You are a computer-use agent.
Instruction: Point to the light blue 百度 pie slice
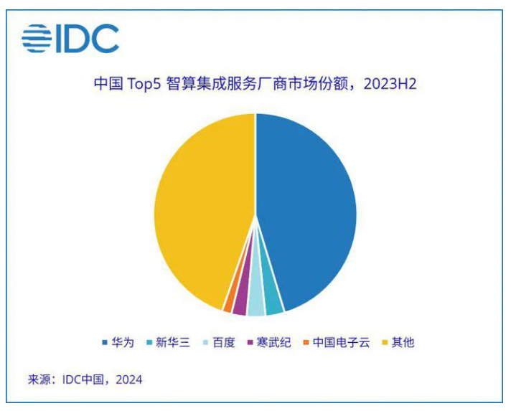[x=255, y=305]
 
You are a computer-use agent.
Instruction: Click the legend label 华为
[x=123, y=342]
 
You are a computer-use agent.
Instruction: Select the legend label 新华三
[x=173, y=342]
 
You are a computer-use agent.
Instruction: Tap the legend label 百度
[x=224, y=342]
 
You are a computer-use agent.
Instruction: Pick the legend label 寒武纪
[x=273, y=342]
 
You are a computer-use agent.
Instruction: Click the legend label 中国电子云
[x=341, y=342]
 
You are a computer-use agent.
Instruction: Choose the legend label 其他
[x=403, y=342]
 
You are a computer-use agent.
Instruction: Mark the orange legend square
[x=306, y=343]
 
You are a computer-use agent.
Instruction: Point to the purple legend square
[x=250, y=343]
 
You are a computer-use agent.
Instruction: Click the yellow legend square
[x=385, y=343]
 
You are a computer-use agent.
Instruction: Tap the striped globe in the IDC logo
[x=37, y=39]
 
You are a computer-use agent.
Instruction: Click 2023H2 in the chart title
[x=390, y=84]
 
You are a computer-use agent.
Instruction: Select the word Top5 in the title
[x=144, y=85]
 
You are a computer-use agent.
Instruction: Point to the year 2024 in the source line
[x=129, y=379]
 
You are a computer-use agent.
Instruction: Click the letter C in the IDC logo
[x=106, y=39]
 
